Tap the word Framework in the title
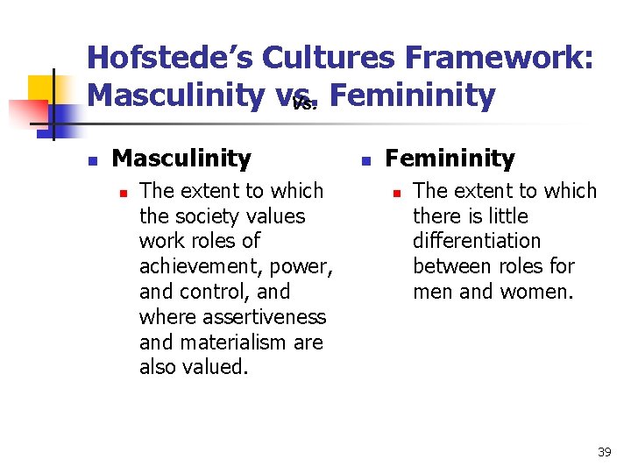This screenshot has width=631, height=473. tap(507, 58)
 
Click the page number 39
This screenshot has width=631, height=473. tap(604, 452)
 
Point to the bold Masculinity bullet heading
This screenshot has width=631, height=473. tap(181, 159)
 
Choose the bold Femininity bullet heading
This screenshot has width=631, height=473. tap(450, 159)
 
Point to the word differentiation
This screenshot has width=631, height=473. tap(477, 241)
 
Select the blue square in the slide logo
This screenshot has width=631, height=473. tap(63, 113)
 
